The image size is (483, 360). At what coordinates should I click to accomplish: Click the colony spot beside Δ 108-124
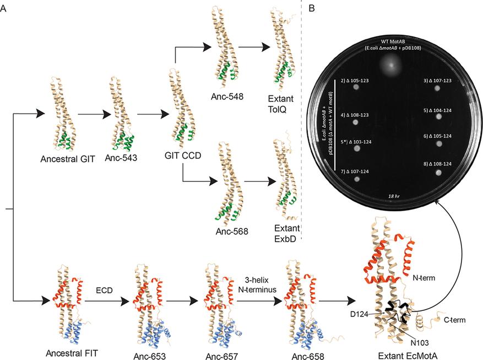click(x=439, y=173)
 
